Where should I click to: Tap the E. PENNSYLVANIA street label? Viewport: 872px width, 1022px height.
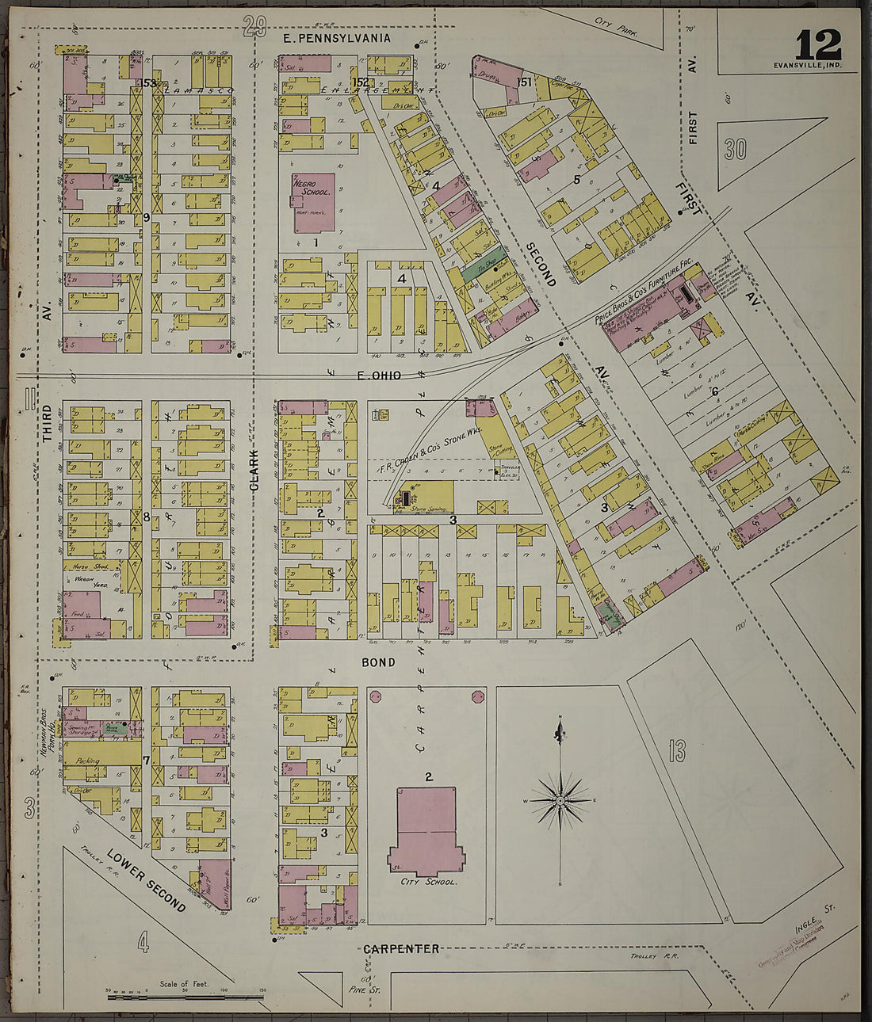pyautogui.click(x=338, y=37)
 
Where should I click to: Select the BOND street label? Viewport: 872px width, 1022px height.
pyautogui.click(x=377, y=661)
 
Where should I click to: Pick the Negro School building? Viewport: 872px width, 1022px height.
pyautogui.click(x=314, y=203)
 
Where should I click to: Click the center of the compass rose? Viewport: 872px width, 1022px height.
pyautogui.click(x=561, y=801)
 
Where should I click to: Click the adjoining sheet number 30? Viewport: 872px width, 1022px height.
pyautogui.click(x=735, y=148)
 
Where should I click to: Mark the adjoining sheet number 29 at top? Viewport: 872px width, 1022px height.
pyautogui.click(x=255, y=29)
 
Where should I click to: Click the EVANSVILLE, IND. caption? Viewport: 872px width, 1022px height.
pyautogui.click(x=808, y=65)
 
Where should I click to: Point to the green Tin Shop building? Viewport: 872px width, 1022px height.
pyautogui.click(x=485, y=269)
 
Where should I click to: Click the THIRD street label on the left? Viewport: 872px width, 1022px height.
pyautogui.click(x=48, y=424)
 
